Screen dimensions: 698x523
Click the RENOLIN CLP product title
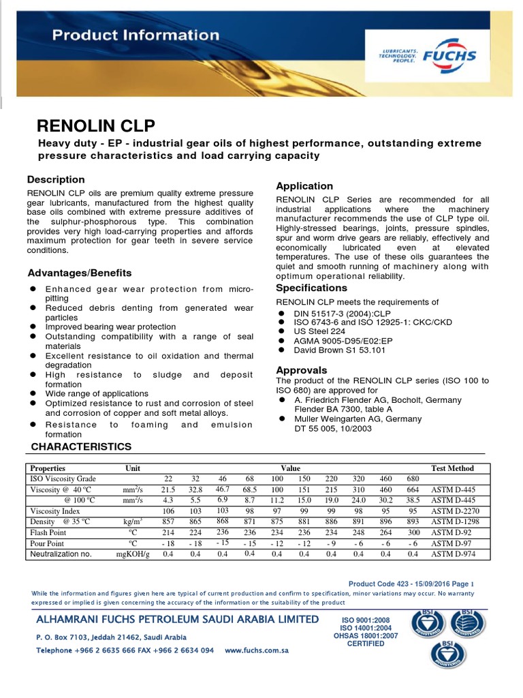click(95, 125)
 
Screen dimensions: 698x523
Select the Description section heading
click(56, 180)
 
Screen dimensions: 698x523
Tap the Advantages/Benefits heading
click(80, 273)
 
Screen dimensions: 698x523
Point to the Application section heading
click(304, 186)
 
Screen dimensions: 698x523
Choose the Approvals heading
click(302, 370)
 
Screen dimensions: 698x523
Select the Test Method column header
click(453, 468)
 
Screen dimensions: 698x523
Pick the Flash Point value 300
click(413, 532)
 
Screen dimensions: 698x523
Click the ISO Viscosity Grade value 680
click(413, 479)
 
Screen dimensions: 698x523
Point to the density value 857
click(168, 522)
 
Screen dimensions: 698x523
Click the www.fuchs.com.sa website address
click(257, 650)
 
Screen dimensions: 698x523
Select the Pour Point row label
click(47, 543)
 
